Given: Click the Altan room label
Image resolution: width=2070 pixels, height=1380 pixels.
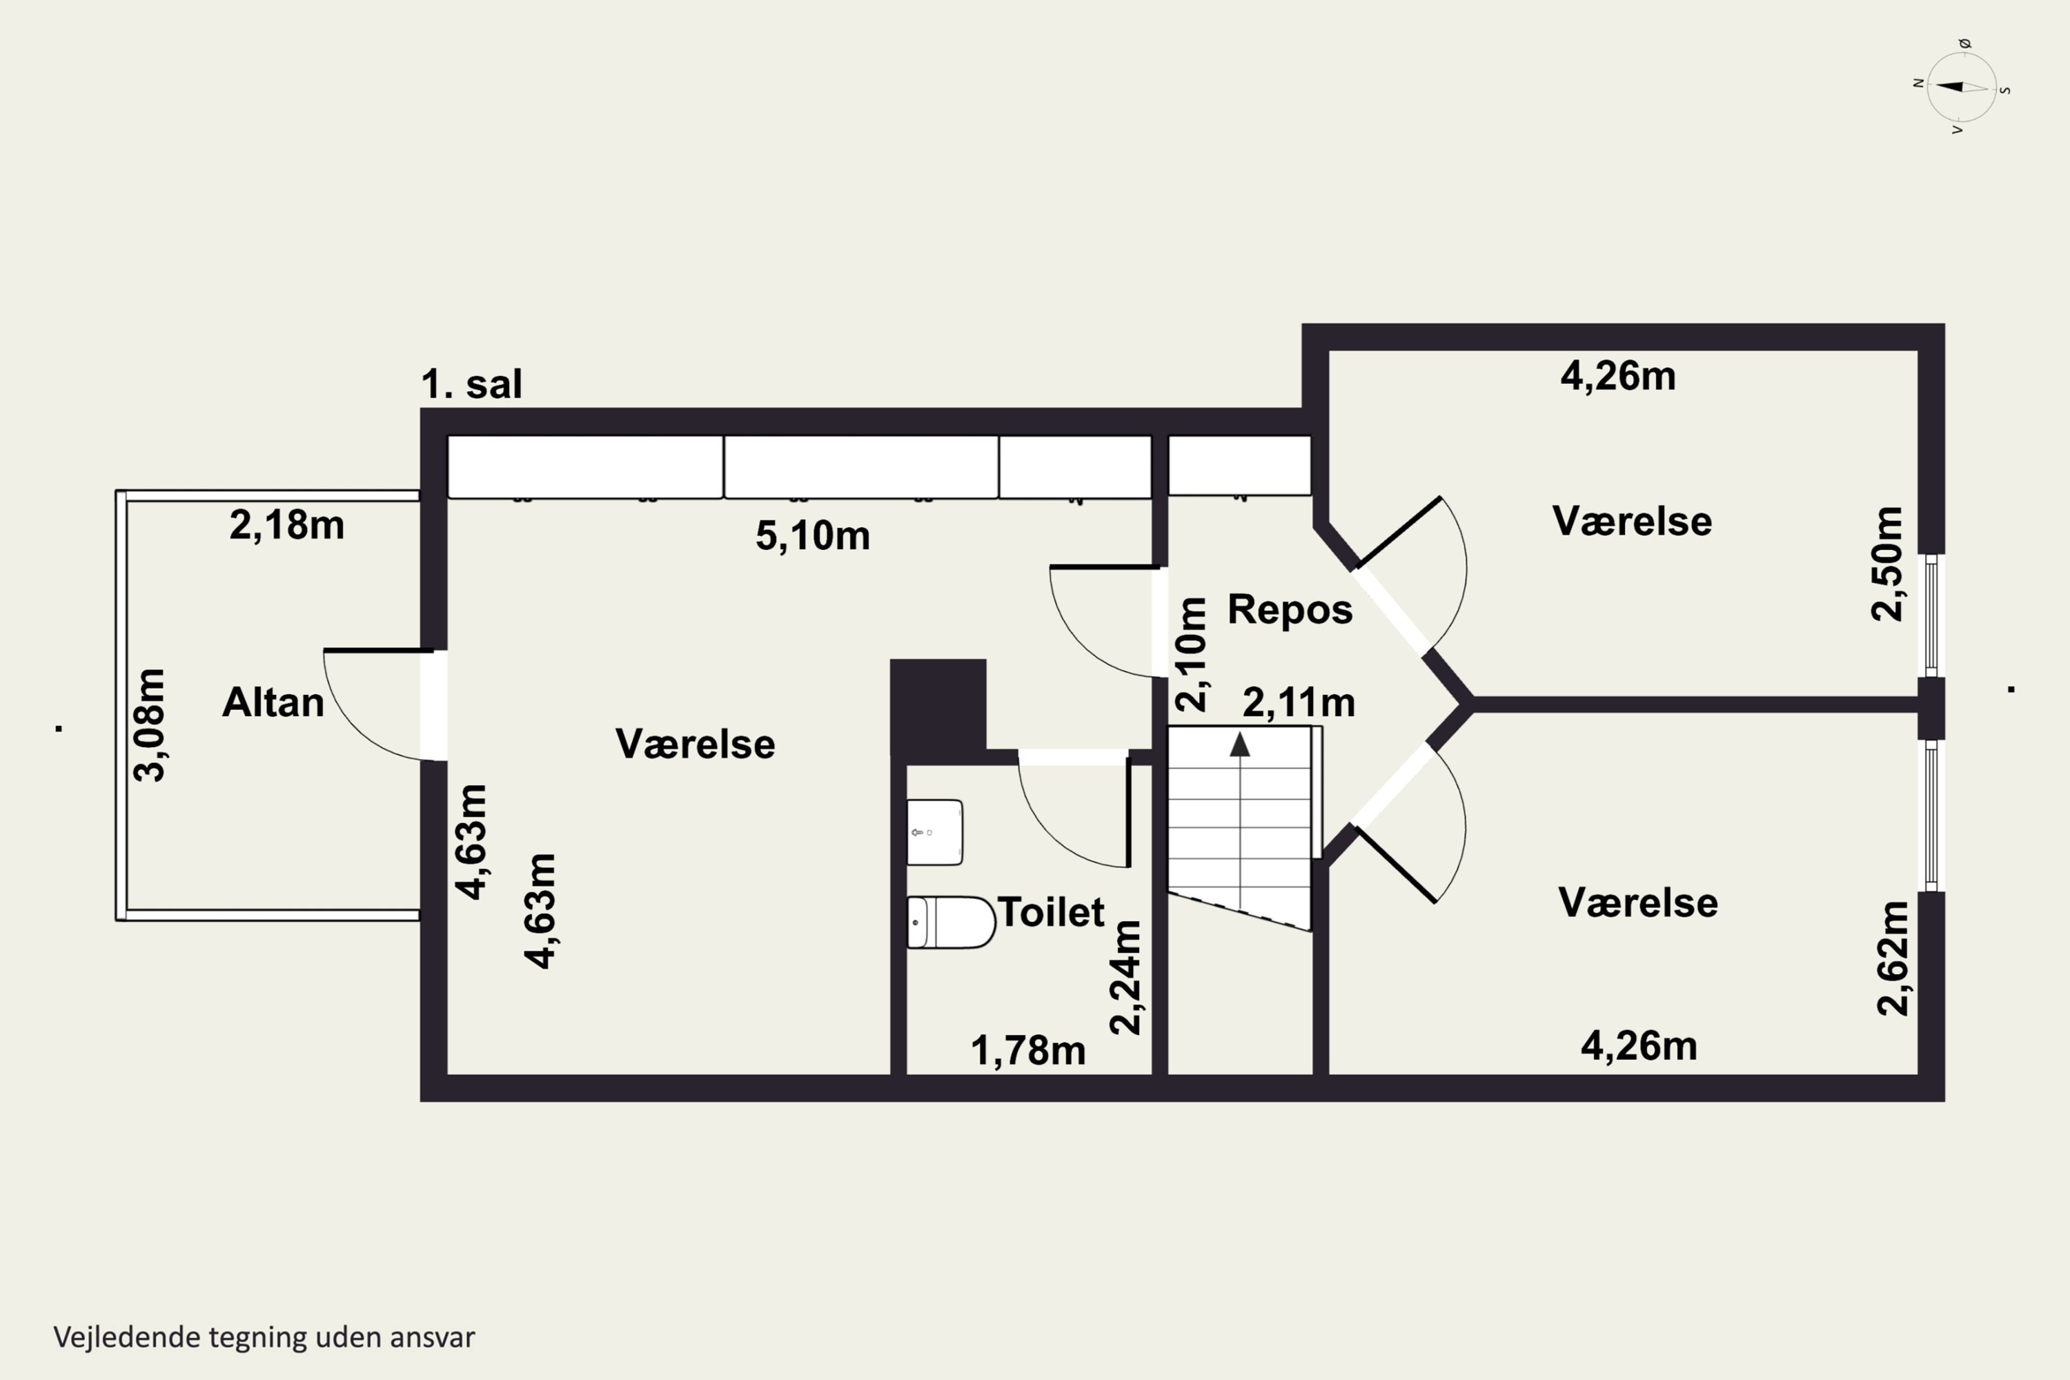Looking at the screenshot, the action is click(273, 702).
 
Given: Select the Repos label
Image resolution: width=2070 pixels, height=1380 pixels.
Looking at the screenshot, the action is click(1290, 609).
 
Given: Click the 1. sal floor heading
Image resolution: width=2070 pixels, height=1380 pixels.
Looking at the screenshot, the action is click(472, 384).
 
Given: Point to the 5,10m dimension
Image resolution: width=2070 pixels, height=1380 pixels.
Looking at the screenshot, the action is click(812, 536).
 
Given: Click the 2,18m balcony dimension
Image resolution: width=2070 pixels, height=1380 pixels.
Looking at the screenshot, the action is click(286, 525).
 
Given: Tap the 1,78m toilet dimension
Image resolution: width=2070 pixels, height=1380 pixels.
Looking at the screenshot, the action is click(1028, 1051).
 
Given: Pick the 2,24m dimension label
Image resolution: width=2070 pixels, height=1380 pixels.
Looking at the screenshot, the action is click(1125, 977).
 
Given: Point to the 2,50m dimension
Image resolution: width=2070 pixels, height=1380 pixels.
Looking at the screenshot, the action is click(1887, 564).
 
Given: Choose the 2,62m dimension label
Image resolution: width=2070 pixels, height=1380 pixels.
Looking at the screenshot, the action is click(1893, 958).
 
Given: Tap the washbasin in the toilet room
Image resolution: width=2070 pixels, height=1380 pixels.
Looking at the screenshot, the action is click(935, 831).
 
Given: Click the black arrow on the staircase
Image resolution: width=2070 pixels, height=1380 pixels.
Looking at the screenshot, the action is click(1240, 744).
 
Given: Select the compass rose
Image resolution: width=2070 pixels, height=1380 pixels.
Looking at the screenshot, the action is click(1962, 86).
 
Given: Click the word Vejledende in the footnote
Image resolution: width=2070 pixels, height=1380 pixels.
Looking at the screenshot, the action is click(128, 1337).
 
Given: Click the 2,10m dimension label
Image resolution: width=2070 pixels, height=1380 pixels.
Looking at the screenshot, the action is click(1191, 655).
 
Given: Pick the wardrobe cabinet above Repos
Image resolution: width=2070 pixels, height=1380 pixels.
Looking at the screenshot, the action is click(1239, 466).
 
